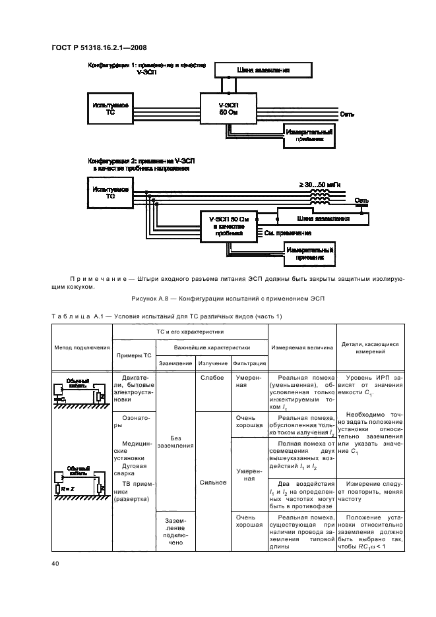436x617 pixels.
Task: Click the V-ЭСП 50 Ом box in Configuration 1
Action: coord(227,108)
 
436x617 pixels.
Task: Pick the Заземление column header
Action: coord(175,363)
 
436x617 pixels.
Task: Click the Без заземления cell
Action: coord(175,442)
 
